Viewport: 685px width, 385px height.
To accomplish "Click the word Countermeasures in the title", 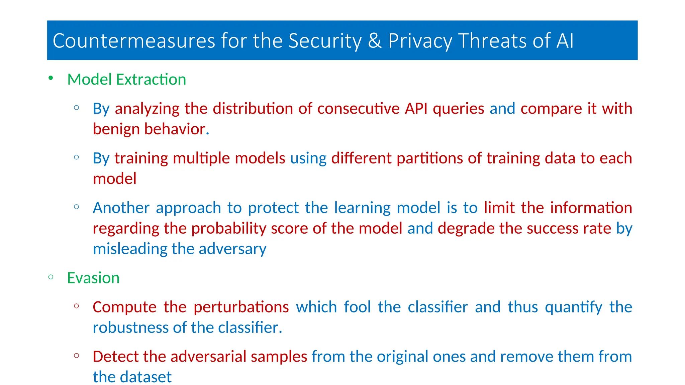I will (134, 41).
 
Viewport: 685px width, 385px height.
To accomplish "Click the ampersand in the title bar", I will (375, 41).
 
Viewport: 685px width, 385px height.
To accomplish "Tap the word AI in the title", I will (565, 41).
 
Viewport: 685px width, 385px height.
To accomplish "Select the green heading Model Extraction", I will (126, 80).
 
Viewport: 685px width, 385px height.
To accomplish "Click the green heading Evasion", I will (93, 278).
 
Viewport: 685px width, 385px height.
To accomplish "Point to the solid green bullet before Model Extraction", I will (51, 78).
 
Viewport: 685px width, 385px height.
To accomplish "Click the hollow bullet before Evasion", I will (51, 277).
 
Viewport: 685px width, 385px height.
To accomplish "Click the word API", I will (416, 109).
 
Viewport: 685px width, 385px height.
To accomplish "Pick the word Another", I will (121, 208).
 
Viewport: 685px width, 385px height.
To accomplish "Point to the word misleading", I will (130, 249).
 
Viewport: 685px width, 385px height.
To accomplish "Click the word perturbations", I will (241, 307).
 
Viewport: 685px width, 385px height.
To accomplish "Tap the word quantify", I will (574, 307).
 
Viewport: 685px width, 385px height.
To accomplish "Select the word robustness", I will (130, 328).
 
